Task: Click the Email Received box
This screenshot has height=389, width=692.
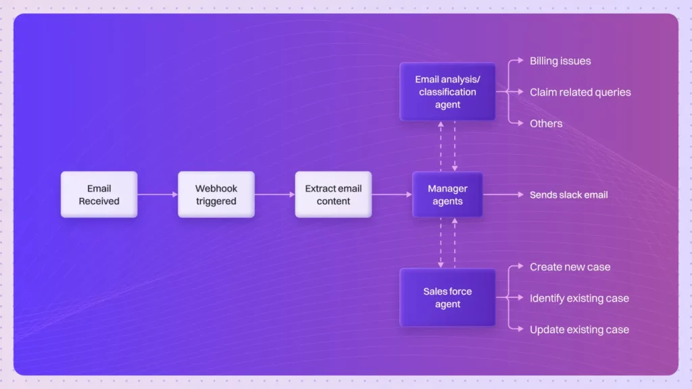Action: click(99, 194)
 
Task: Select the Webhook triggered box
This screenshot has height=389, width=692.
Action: click(216, 194)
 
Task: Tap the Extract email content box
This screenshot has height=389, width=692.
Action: click(333, 194)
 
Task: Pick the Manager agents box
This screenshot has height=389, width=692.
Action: click(447, 194)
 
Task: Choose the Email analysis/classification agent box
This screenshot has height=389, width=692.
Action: click(447, 92)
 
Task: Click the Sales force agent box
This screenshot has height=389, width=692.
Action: click(447, 298)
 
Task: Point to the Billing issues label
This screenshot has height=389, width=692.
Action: click(560, 61)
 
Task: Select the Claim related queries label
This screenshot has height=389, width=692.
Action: click(580, 92)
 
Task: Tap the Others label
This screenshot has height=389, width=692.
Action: click(546, 124)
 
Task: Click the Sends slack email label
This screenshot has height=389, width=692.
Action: click(568, 194)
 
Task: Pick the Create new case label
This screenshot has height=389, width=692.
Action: click(570, 267)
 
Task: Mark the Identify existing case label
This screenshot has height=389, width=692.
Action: click(579, 298)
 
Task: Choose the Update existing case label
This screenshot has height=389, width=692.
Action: click(579, 330)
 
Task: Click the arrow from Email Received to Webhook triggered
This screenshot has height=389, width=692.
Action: click(157, 194)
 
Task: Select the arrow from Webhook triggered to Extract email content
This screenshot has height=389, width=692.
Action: click(274, 194)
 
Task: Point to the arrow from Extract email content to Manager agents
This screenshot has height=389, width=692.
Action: click(392, 194)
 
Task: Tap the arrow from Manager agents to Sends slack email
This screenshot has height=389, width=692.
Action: click(503, 194)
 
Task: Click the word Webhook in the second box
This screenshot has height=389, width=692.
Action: click(216, 188)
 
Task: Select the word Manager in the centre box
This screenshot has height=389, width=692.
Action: click(447, 188)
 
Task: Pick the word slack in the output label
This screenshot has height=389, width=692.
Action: click(573, 194)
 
